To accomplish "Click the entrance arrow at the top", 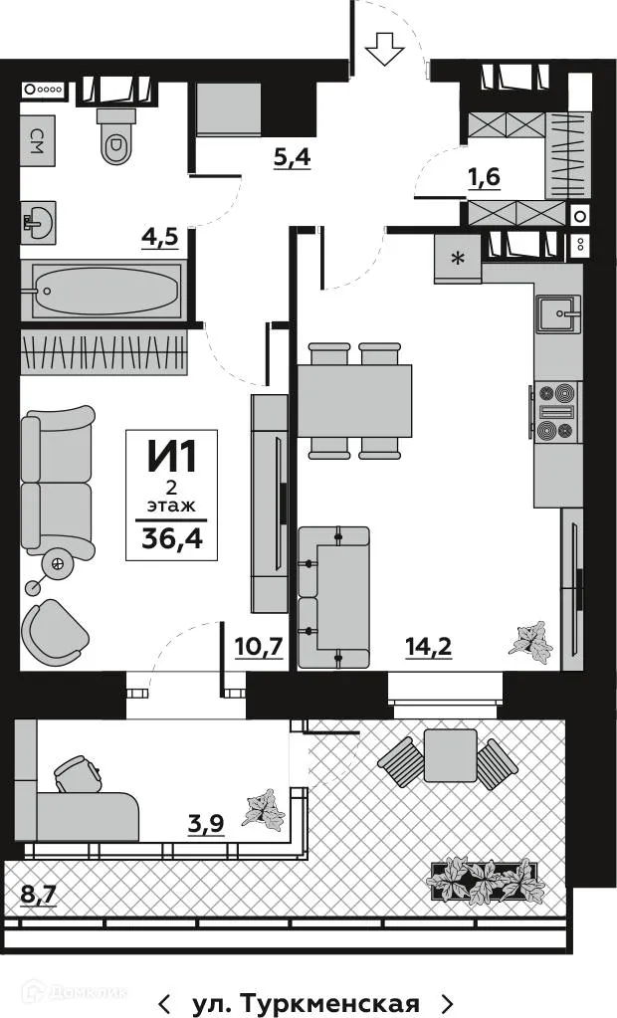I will [384, 48].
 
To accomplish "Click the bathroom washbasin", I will [38, 223].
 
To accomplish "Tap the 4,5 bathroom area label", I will [159, 240].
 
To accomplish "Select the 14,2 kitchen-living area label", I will [428, 647].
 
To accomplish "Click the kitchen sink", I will [559, 316].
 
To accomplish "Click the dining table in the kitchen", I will [354, 401].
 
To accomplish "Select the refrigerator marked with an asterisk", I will [457, 260].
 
